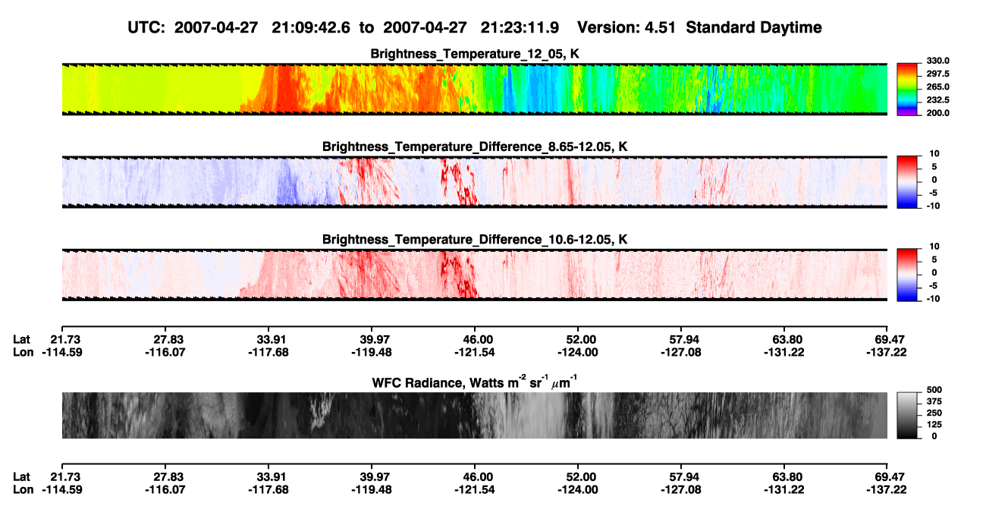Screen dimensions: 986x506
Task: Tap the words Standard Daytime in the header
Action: click(x=754, y=27)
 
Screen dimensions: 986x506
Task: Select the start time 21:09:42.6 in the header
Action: click(x=311, y=27)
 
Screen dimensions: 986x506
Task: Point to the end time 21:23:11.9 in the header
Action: click(x=520, y=27)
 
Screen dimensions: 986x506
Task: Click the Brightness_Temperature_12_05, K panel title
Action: click(x=475, y=54)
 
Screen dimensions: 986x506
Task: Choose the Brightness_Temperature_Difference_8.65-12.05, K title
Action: click(x=475, y=146)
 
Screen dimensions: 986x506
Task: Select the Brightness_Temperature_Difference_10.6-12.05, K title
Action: click(x=475, y=240)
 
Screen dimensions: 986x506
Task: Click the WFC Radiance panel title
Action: click(x=475, y=382)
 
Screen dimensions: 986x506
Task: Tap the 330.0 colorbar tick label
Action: click(x=937, y=61)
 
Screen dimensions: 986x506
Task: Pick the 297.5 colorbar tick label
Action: click(x=937, y=74)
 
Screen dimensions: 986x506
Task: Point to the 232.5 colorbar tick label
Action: click(x=937, y=100)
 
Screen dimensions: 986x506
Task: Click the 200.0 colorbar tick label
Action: click(x=937, y=113)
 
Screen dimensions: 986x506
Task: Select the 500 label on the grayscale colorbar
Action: click(x=934, y=390)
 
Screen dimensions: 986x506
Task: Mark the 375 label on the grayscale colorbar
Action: click(x=934, y=401)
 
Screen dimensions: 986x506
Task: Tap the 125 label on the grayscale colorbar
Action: click(x=934, y=425)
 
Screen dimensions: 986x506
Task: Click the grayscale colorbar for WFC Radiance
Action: click(x=907, y=415)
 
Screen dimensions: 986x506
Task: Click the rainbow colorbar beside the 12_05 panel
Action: click(x=907, y=90)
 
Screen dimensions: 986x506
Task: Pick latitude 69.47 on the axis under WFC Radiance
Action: click(x=887, y=477)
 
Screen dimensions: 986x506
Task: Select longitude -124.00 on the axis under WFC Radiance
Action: click(x=577, y=490)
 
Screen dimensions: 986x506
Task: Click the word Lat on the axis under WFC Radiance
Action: click(x=21, y=477)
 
